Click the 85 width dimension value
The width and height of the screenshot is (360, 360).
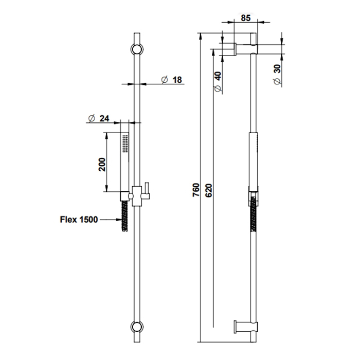pyautogui.click(x=245, y=18)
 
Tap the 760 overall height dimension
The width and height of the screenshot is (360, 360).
pyautogui.click(x=196, y=190)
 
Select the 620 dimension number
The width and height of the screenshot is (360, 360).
pyautogui.click(x=209, y=190)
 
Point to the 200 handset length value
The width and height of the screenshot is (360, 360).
pyautogui.click(x=102, y=165)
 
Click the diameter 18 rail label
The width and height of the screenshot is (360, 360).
pyautogui.click(x=171, y=80)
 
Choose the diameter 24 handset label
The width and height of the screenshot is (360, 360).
pyautogui.click(x=99, y=118)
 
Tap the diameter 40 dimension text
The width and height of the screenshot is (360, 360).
pyautogui.click(x=218, y=81)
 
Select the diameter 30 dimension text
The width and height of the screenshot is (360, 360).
pyautogui.click(x=277, y=75)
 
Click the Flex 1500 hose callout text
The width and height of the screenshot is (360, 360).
pyautogui.click(x=79, y=220)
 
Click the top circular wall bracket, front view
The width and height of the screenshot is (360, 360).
pyautogui.click(x=137, y=49)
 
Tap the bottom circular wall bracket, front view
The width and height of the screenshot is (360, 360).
pyautogui.click(x=137, y=327)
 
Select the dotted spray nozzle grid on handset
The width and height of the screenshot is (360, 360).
pyautogui.click(x=125, y=143)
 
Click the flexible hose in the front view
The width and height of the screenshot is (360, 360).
pyautogui.click(x=124, y=216)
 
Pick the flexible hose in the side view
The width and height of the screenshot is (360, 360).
pyautogui.click(x=254, y=214)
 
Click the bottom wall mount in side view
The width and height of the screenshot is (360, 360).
pyautogui.click(x=246, y=327)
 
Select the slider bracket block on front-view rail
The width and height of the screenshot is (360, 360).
pyautogui.click(x=137, y=196)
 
